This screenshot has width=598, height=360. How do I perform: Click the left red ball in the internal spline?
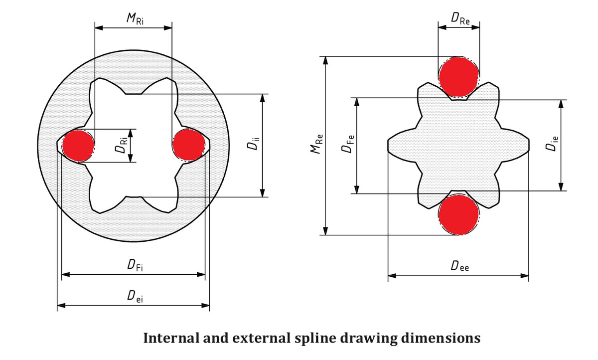click(x=78, y=145)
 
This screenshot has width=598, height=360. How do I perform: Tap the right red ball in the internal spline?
click(x=188, y=145)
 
